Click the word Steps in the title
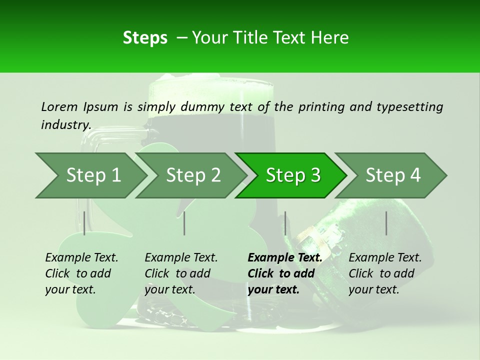point(145,37)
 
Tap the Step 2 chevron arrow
point(193,175)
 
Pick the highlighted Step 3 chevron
point(293,175)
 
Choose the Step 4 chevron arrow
point(393,175)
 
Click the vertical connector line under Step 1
point(84,223)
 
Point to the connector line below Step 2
point(184,223)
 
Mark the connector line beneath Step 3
point(285,223)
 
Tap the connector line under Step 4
point(386,223)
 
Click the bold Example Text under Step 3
point(285,257)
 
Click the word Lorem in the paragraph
point(59,106)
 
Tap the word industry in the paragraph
point(66,124)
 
